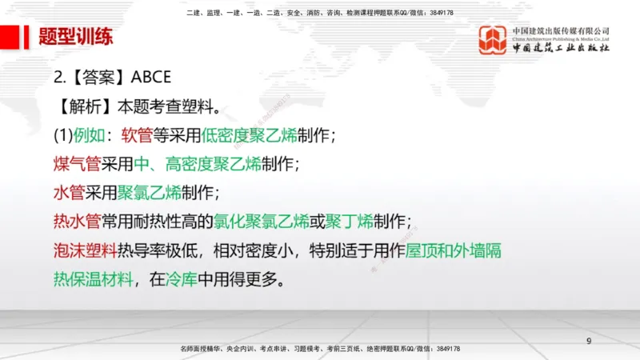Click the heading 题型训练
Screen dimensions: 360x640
tap(76, 37)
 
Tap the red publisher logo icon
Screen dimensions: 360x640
tap(494, 40)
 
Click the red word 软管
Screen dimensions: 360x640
tap(138, 134)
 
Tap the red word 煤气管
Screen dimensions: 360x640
tap(77, 164)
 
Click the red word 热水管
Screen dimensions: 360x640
tap(77, 222)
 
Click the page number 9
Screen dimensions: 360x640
tap(590, 342)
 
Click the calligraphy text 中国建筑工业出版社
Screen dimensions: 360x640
tap(561, 49)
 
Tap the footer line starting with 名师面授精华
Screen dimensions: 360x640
tap(320, 350)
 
